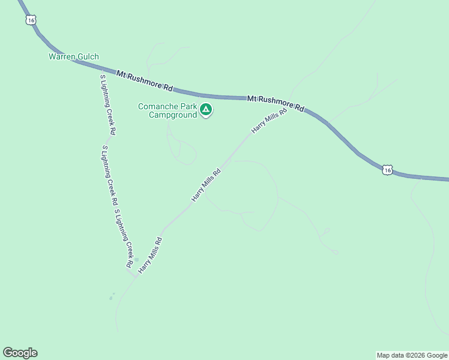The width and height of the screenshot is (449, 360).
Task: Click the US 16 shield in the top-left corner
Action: (x=31, y=20)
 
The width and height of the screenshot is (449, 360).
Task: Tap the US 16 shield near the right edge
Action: (x=388, y=170)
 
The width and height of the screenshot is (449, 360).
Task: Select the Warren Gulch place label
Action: (x=73, y=57)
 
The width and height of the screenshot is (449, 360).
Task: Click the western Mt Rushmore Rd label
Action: (x=145, y=81)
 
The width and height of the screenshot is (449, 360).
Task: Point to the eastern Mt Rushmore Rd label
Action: (x=276, y=103)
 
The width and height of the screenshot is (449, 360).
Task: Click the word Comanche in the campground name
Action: (x=158, y=106)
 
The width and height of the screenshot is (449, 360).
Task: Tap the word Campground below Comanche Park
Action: (x=173, y=115)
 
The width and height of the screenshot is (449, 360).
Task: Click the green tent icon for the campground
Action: (x=206, y=110)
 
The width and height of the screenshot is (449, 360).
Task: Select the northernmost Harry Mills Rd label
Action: (x=269, y=121)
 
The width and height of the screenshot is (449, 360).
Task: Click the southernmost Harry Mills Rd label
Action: (x=150, y=256)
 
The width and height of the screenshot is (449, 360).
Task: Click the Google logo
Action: (x=20, y=353)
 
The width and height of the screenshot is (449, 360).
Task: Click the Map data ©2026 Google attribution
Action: (x=412, y=355)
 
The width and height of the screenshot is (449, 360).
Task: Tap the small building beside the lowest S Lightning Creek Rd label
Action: (x=136, y=260)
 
